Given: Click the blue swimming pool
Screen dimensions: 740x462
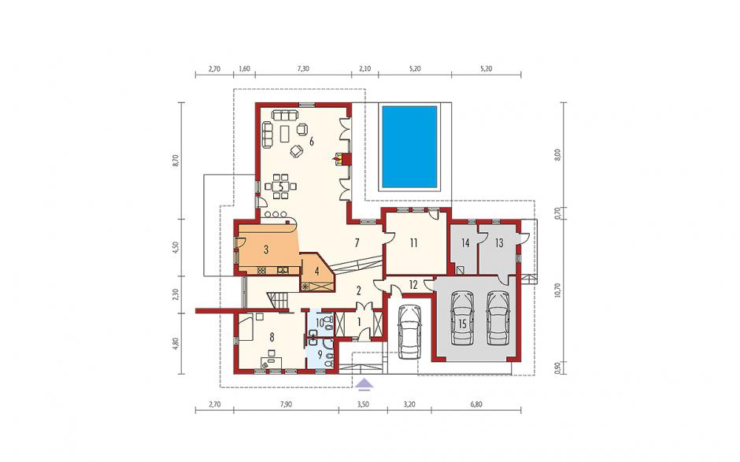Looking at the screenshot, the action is coord(409,146).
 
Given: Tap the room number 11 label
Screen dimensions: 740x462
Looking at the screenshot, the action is coord(413,243).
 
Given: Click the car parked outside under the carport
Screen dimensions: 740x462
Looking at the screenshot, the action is coord(409,331).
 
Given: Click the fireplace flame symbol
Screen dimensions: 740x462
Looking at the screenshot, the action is coord(338,158).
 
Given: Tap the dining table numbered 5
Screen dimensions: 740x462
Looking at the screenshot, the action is coord(281,186).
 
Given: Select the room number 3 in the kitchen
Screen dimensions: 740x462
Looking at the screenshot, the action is coord(266,249).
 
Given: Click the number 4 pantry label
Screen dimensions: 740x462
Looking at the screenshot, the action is coord(317,272).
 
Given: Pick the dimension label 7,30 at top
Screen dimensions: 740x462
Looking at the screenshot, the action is coord(303,68).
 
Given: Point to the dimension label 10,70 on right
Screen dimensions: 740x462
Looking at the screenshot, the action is coord(557,290).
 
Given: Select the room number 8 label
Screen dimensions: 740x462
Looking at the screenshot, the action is coord(272,337).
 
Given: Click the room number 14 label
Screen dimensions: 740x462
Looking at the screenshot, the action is coord(465,243).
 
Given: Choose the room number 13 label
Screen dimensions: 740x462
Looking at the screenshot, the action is coord(499,243).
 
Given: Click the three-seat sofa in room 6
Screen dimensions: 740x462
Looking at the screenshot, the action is coord(283,115).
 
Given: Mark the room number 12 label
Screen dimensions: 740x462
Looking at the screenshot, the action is coord(413,285).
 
